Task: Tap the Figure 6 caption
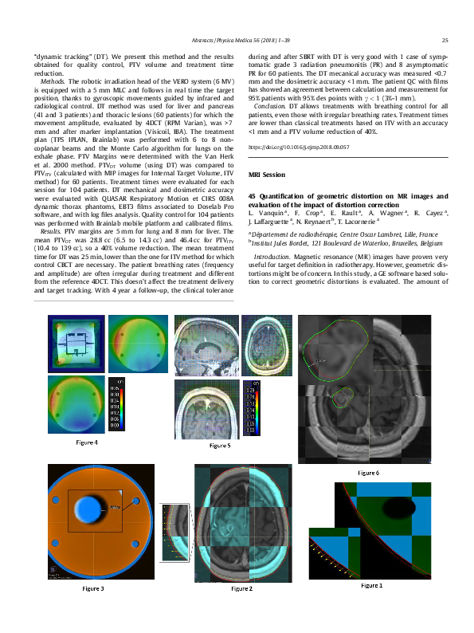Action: click(368, 473)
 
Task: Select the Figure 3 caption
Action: click(92, 588)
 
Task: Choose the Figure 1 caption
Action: click(370, 584)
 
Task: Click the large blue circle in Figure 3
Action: click(85, 509)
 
